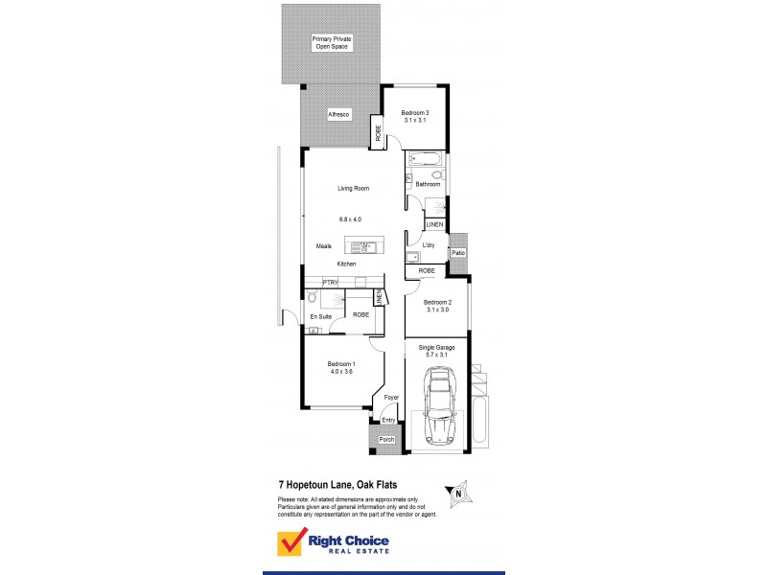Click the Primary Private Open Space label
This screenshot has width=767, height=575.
[331, 42]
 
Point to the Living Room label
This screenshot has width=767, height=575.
[353, 188]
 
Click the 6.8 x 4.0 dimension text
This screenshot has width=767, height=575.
[349, 219]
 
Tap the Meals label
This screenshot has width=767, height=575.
[324, 246]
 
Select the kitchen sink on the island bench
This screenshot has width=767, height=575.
[364, 246]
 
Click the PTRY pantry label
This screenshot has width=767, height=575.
[330, 282]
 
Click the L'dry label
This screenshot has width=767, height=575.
[429, 245]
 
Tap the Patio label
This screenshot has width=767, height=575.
[458, 253]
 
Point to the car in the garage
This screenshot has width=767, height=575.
[440, 406]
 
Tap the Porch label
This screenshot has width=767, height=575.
[386, 440]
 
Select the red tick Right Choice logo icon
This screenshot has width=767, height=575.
[291, 543]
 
